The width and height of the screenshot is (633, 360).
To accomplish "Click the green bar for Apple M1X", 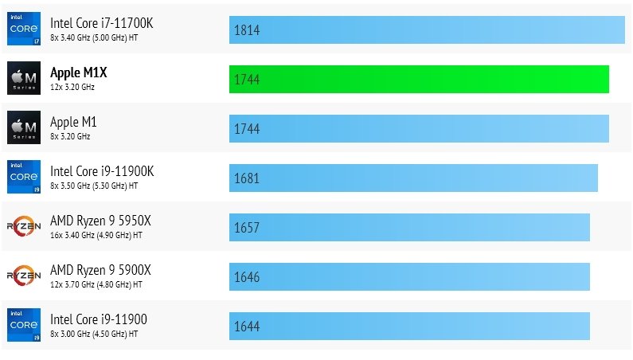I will (419, 79).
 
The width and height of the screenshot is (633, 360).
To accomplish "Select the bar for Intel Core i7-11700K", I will (427, 29).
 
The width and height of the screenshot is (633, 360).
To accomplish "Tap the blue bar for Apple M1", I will (419, 128).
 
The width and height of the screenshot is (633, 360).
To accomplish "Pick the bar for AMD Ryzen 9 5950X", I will (409, 227).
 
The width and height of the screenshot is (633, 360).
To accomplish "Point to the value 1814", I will (247, 30).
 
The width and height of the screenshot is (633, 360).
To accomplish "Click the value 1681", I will (247, 178).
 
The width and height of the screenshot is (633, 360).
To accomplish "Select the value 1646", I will (247, 277).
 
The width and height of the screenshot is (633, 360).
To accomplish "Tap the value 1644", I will (247, 327).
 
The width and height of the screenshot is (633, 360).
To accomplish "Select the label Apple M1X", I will (78, 72).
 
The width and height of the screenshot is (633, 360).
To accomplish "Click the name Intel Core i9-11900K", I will (102, 171).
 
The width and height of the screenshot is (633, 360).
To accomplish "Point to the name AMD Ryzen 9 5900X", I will (100, 270).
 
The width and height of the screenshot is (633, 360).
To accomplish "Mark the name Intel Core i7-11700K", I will (101, 23).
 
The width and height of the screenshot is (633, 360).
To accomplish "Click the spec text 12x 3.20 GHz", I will (72, 87).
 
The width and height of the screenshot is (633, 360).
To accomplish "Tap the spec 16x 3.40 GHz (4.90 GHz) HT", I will (96, 235).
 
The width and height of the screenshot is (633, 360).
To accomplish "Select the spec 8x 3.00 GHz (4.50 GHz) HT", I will (94, 334).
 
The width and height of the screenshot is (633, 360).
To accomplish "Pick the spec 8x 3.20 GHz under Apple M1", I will (70, 136).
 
